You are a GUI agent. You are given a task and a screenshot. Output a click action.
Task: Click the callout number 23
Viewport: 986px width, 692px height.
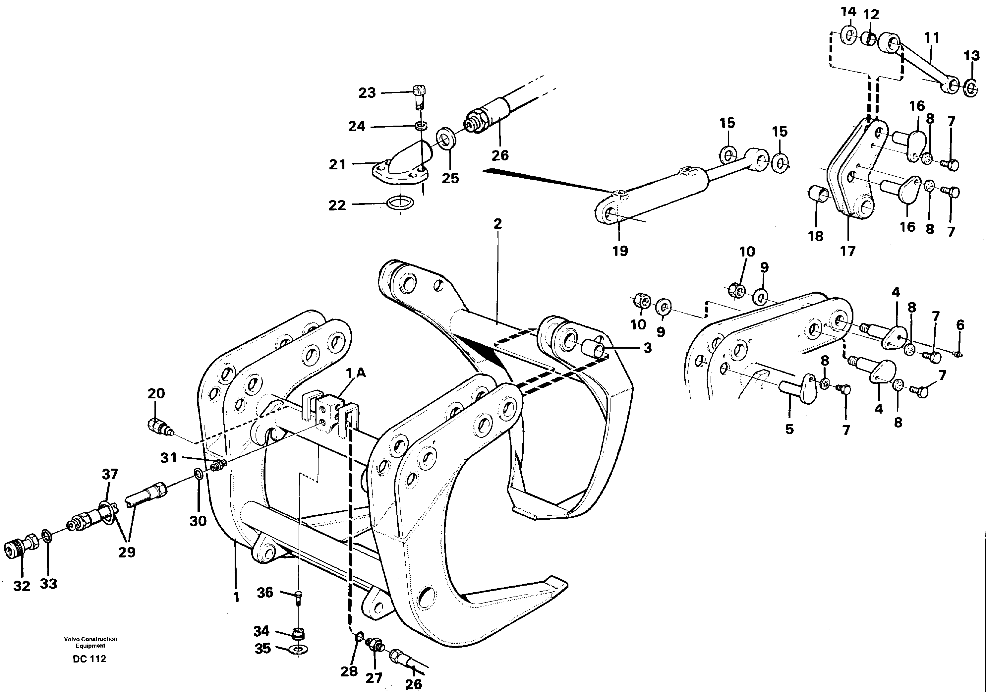(367, 93)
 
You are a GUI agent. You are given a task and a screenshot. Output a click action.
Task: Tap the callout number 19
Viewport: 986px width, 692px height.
(620, 251)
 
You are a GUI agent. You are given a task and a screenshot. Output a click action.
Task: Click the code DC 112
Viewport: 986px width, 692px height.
(89, 659)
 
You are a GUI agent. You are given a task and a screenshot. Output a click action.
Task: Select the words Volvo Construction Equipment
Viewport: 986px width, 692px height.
(90, 642)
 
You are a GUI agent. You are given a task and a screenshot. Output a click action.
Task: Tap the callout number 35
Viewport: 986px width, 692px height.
(262, 648)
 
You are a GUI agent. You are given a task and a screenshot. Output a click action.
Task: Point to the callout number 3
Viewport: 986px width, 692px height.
(648, 348)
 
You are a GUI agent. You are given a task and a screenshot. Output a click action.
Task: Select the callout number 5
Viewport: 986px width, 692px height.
(789, 429)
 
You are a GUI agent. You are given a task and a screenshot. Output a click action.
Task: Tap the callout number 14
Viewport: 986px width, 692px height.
(848, 12)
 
